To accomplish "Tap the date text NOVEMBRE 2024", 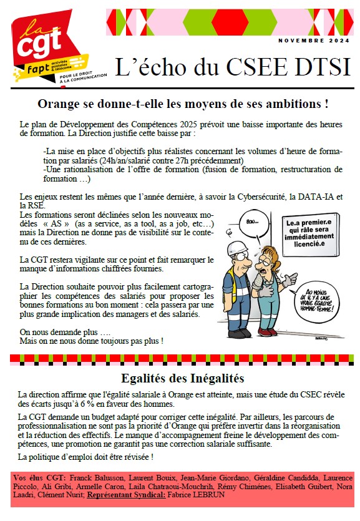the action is (x=314, y=41).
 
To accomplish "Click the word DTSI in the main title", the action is (x=322, y=67).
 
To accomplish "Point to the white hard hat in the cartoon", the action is (x=238, y=248).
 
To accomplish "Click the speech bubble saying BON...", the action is (x=253, y=222).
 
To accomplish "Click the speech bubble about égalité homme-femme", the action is (x=316, y=301).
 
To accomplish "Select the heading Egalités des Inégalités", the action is (x=183, y=378).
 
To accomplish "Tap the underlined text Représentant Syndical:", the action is (x=126, y=495).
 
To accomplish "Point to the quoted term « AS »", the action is (x=56, y=223).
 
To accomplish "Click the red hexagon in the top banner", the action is (x=230, y=22).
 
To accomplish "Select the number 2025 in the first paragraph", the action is (x=188, y=125).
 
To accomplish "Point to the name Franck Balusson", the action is (x=97, y=478).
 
